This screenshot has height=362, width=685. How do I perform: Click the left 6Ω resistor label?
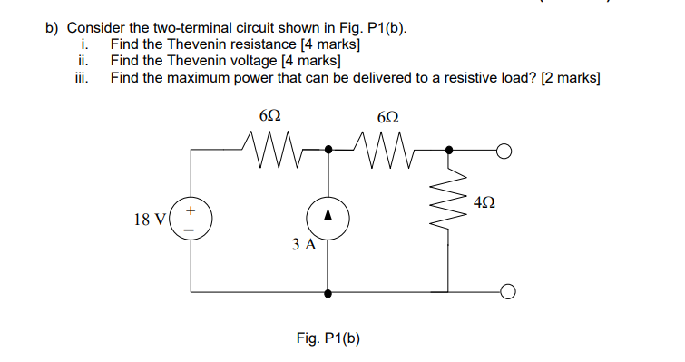click(x=269, y=117)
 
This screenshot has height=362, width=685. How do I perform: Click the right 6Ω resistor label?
click(x=387, y=117)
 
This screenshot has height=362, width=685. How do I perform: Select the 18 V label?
click(x=149, y=220)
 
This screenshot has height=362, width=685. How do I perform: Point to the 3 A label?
click(x=304, y=245)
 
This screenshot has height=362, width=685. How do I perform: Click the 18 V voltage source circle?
click(x=191, y=220)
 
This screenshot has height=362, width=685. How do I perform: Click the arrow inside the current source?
click(x=328, y=219)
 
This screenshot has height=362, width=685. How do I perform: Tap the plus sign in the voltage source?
click(x=191, y=210)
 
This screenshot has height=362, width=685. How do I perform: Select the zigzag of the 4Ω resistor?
click(x=450, y=207)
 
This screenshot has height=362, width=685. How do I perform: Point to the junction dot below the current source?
click(x=328, y=292)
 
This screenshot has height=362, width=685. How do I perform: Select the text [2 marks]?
click(x=570, y=78)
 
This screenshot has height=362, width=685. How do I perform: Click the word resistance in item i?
click(x=248, y=44)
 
